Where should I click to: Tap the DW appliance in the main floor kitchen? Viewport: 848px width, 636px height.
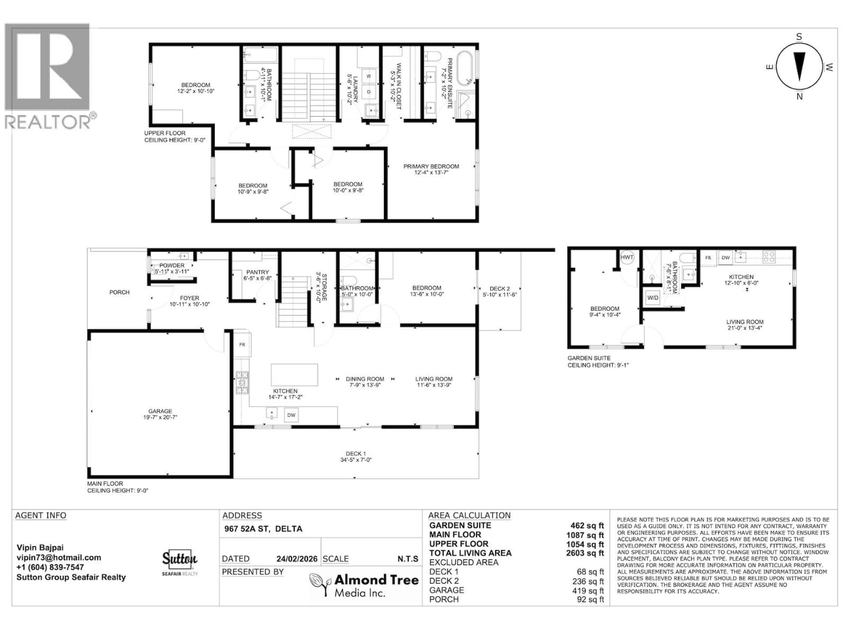[291, 415]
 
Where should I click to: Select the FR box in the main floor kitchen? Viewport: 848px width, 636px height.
[242, 344]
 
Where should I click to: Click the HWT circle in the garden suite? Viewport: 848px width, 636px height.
[627, 257]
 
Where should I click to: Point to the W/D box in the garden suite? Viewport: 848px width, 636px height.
[653, 297]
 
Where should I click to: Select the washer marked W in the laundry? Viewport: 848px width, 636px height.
[368, 76]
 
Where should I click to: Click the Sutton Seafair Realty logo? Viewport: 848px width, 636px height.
[180, 562]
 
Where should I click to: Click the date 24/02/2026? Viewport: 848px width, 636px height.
[297, 559]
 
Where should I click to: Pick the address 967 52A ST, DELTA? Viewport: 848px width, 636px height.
[263, 529]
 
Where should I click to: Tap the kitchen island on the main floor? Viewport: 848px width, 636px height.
[294, 375]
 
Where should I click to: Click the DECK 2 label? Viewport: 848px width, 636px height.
[500, 289]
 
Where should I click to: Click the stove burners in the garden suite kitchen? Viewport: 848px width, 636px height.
[769, 257]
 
